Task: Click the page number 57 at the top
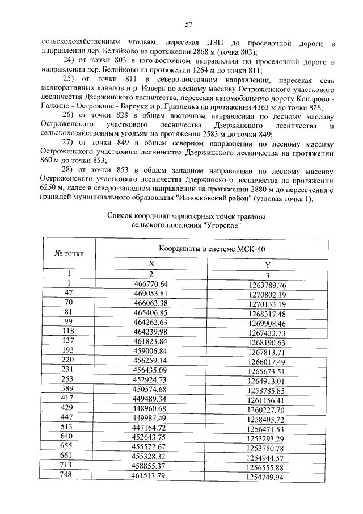[189, 24]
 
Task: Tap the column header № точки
[69, 253]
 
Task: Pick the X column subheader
[151, 264]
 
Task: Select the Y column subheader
[267, 265]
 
